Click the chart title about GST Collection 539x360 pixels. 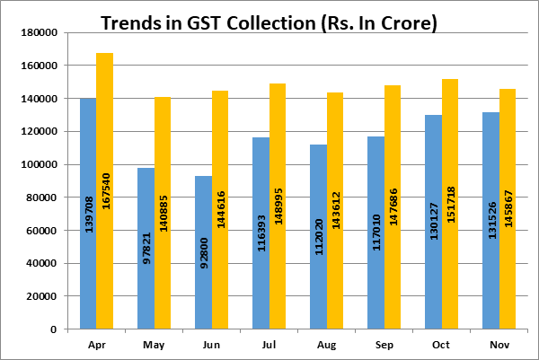tap(269, 22)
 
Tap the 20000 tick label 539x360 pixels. tap(41, 296)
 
